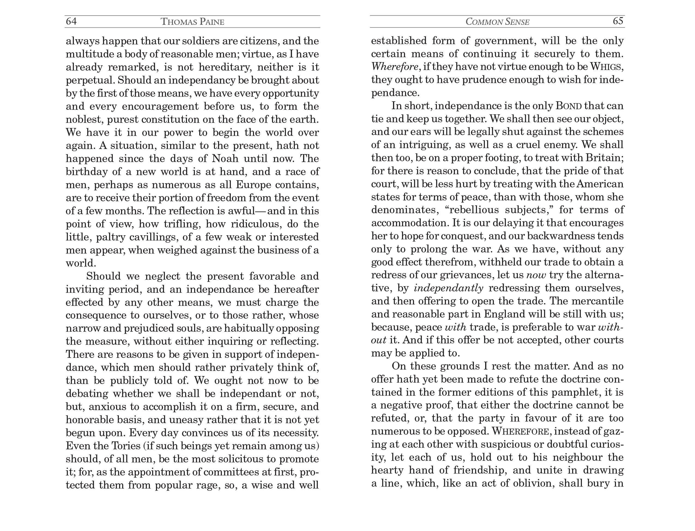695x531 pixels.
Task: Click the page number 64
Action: [71, 21]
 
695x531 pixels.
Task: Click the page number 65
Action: [618, 21]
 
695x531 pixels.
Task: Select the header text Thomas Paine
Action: [192, 22]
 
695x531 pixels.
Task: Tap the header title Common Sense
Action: [497, 22]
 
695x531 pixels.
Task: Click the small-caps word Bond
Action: [569, 106]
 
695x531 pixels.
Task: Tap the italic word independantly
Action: [448, 288]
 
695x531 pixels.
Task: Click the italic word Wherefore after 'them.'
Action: [395, 67]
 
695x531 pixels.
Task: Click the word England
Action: [504, 314]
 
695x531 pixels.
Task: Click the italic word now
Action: [536, 275]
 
